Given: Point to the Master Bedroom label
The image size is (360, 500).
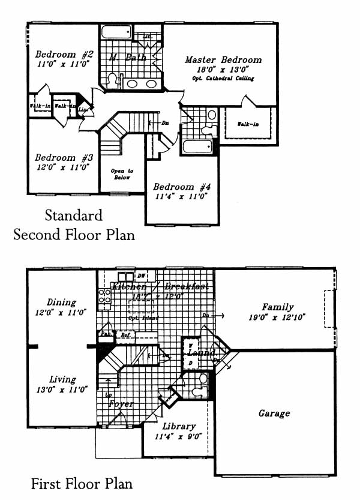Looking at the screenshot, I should [223, 60].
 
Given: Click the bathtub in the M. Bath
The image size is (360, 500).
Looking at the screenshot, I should [117, 32].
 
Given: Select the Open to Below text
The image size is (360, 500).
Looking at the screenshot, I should [122, 175].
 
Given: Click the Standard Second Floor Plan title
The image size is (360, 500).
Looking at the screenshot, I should [73, 224].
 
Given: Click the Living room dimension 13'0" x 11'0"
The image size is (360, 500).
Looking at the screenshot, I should [62, 389].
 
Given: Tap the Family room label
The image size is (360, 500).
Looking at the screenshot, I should [278, 307].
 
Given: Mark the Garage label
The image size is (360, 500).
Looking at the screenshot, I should [274, 413].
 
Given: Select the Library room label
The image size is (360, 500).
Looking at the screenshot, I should [178, 427].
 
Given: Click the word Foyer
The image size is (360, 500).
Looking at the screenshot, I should [121, 403].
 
